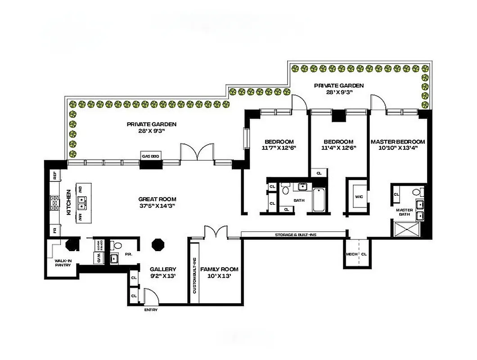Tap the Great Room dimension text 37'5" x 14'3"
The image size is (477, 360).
pyautogui.click(x=157, y=206)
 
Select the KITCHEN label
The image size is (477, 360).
pyautogui.click(x=69, y=203)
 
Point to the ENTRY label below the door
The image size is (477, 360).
pyautogui.click(x=151, y=310)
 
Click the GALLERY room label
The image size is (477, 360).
pyautogui.click(x=163, y=269)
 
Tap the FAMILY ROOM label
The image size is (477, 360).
pyautogui.click(x=219, y=269)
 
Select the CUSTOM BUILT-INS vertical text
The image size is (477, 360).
pyautogui.click(x=194, y=275)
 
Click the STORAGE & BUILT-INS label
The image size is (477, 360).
pyautogui.click(x=293, y=235)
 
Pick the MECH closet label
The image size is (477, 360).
pyautogui.click(x=351, y=254)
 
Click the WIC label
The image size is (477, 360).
pyautogui.click(x=359, y=197)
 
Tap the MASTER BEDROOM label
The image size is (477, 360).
pyautogui.click(x=397, y=141)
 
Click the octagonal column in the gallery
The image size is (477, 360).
pyautogui.click(x=158, y=245)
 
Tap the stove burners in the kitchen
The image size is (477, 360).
pyautogui.click(x=55, y=203)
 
